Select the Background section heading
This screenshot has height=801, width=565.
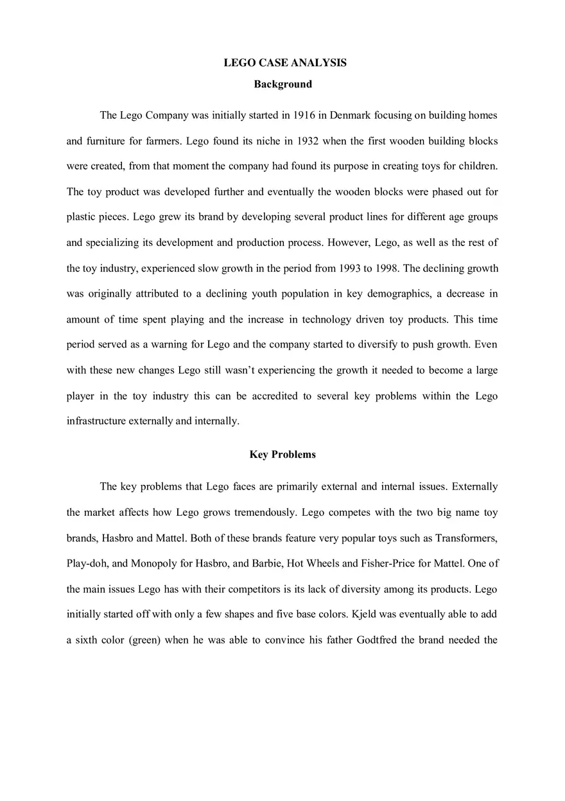[282, 84]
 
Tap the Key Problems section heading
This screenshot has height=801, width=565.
[282, 455]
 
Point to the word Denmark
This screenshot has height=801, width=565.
[350, 116]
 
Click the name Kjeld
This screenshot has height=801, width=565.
[364, 614]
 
